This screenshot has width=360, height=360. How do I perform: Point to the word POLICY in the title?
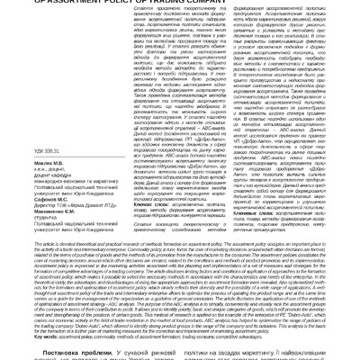click(x=195, y=3)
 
